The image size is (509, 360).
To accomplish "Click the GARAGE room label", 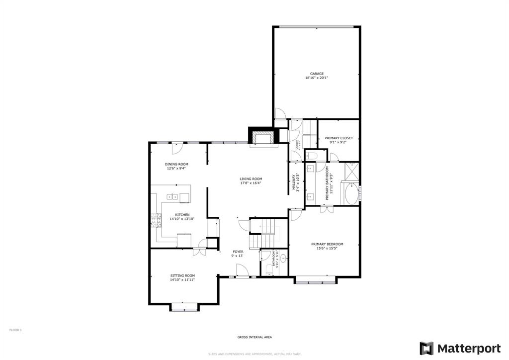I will [x=317, y=74].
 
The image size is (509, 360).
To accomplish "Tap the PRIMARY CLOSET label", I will [x=339, y=138].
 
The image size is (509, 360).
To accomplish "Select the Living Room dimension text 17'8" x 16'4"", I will [x=251, y=183].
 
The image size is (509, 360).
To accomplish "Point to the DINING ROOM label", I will [x=177, y=164].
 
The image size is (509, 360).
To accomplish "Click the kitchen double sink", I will [x=173, y=197].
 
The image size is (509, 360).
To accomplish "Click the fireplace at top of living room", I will [x=261, y=136].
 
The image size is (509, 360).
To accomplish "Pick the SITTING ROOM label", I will [x=182, y=275].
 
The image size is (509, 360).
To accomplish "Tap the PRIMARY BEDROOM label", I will [x=327, y=244].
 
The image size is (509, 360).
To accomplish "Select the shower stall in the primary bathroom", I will [x=351, y=171].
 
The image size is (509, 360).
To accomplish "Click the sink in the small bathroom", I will [x=283, y=259].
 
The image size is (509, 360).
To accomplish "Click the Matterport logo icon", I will [x=426, y=348].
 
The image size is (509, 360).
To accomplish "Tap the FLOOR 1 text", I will [x=16, y=330].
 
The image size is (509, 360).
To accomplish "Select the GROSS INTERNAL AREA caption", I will [x=254, y=338].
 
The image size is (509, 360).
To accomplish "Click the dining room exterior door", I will [x=176, y=148].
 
